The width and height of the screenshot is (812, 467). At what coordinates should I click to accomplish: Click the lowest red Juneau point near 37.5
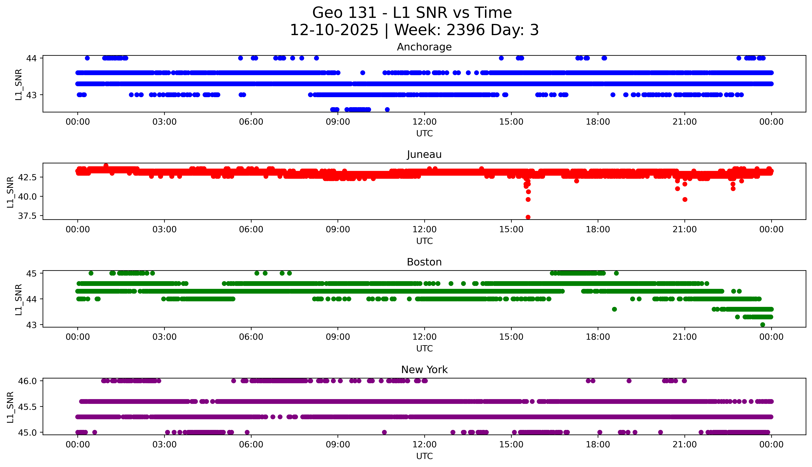[x=528, y=217]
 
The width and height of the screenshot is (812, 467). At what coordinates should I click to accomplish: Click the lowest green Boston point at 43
[x=762, y=325]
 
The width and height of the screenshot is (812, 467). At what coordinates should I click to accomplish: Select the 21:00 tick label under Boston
[x=684, y=337]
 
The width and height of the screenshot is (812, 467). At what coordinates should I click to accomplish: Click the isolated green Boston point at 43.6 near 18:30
[x=614, y=309]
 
